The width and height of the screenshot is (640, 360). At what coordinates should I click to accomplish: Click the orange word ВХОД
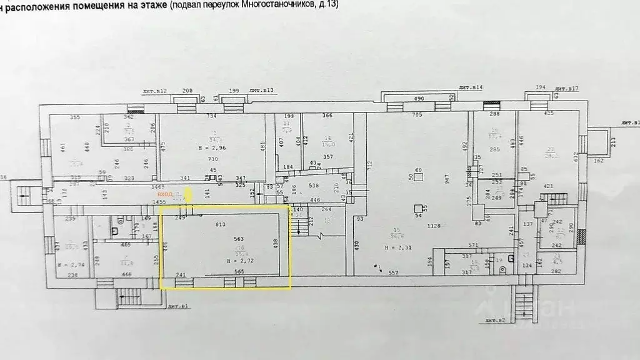coord(166,195)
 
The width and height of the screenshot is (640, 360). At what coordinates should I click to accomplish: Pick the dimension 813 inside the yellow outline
coord(220,224)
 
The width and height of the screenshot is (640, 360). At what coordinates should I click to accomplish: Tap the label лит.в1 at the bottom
coord(180,306)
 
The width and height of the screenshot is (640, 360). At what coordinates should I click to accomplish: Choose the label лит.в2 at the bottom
coord(494,320)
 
